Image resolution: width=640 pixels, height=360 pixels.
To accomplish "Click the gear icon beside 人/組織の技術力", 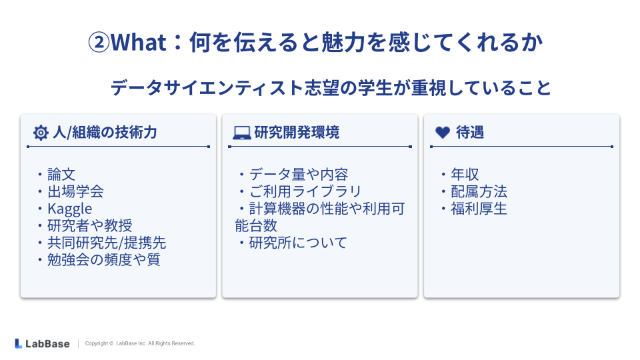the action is coord(41,133).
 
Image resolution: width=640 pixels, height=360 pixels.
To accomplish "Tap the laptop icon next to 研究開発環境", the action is coord(241,133).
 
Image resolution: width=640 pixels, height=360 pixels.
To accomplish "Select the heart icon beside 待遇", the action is coord(443,132).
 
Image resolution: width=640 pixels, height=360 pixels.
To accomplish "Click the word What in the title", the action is coord(139,42).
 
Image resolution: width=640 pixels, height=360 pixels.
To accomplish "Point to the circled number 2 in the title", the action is coord(99,42).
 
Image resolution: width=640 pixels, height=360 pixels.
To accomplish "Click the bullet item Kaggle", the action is coord(70,209).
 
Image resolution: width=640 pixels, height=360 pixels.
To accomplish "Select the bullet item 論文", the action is coord(61,174).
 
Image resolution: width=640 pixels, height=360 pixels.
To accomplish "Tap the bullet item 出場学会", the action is coord(75,191).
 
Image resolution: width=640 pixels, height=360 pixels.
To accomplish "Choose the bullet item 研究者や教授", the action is coord(90,225).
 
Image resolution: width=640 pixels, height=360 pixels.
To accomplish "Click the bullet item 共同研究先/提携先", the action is coord(107,243).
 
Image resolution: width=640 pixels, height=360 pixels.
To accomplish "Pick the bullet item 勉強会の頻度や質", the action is coord(104,259).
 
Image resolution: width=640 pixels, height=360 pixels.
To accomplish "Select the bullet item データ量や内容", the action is coord(299,174).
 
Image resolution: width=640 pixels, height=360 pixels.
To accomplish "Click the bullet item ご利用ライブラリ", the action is coord(305,191).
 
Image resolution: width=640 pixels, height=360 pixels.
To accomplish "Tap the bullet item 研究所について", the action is coord(298,243).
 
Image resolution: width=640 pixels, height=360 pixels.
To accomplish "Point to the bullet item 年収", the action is coord(465,174).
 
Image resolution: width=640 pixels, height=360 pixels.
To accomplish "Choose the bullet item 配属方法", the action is coord(479,191).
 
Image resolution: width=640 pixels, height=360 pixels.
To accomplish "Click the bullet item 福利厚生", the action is coord(479,209).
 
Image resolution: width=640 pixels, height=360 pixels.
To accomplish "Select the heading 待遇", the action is coord(470,132).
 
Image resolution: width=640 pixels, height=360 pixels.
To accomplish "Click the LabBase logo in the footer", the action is coord(42,344).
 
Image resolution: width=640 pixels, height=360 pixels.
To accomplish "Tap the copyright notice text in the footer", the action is coord(139,344).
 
